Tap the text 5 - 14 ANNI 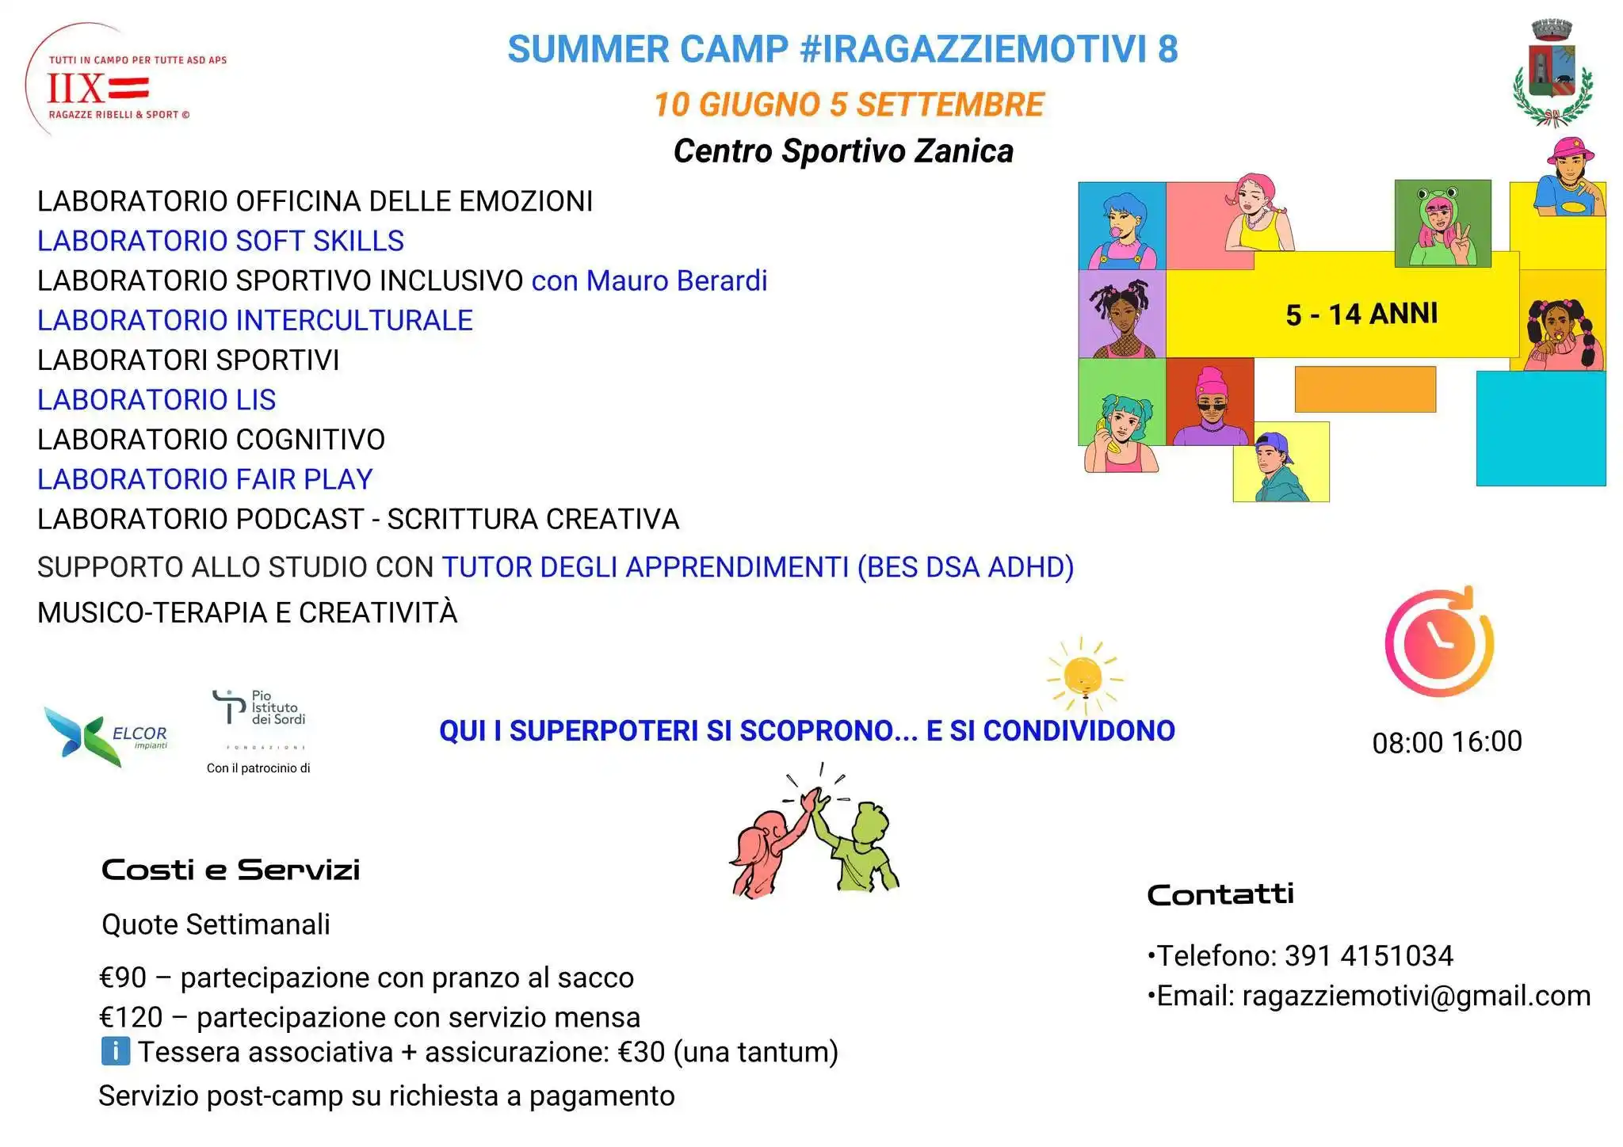tap(1361, 314)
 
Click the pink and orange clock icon tap(1439, 642)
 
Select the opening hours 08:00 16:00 tap(1446, 742)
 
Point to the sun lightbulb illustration tap(1083, 676)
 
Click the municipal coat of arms tap(1552, 75)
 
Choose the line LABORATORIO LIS tap(156, 400)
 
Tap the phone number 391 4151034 tap(1369, 956)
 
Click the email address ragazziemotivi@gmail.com tap(1415, 996)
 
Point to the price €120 tap(131, 1017)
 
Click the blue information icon tap(116, 1052)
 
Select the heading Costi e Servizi tap(231, 870)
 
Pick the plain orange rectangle tap(1365, 389)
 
